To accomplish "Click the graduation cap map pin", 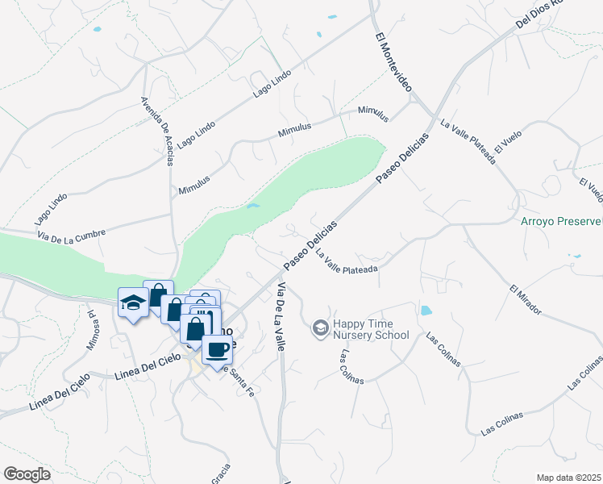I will coord(132,302).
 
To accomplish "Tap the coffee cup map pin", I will coord(217,349).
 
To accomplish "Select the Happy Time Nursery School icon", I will coord(320,327).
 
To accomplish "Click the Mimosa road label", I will coord(94,332).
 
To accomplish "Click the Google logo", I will coord(27,474).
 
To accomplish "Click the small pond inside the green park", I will coord(253,207).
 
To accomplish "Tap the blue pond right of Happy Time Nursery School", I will coord(425,310).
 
